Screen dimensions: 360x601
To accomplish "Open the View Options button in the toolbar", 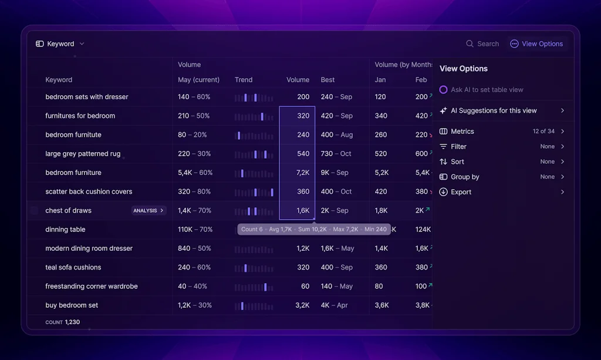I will point(536,44).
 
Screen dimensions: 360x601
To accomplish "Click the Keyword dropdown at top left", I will point(60,44).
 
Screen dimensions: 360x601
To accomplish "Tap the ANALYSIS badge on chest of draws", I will point(148,211).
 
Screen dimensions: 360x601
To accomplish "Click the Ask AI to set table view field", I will point(487,90).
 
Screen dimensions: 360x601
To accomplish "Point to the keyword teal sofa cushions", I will point(73,268).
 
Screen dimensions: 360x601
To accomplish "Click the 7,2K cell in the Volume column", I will point(302,173).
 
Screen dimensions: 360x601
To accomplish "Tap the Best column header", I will point(327,80).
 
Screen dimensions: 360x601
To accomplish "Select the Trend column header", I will point(244,80).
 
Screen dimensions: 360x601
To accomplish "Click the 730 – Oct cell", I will point(336,154).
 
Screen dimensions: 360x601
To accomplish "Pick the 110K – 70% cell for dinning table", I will point(195,230).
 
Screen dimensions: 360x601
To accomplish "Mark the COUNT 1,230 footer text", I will point(63,322).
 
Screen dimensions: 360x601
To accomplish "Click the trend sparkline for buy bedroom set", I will point(254,306).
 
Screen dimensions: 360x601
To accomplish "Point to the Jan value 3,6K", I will point(381,305).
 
